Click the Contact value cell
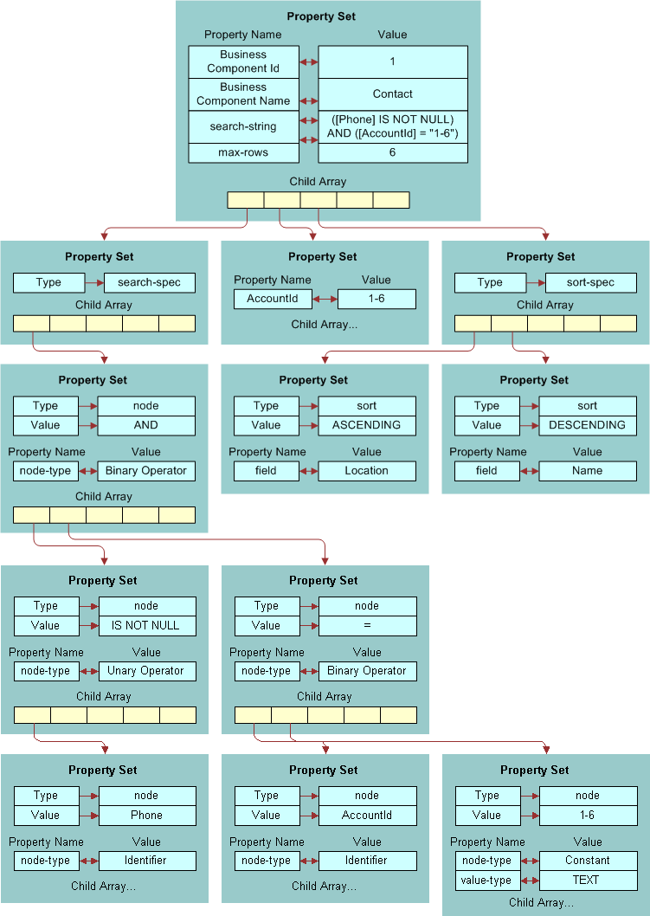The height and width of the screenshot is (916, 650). tap(393, 94)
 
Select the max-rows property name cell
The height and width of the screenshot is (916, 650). tap(243, 153)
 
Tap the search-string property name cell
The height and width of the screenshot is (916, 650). tap(243, 126)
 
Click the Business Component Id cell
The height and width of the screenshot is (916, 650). tap(243, 61)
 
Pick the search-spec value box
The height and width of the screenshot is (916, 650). tap(150, 283)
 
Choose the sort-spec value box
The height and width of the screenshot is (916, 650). tap(591, 283)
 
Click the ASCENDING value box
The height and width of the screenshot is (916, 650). tap(367, 425)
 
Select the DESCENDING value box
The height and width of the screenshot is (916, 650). tap(587, 425)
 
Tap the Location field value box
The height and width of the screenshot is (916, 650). tap(367, 471)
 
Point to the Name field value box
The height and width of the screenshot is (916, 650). tap(587, 471)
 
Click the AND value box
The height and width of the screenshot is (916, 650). tap(146, 425)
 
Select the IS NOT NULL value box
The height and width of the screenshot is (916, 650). tap(146, 625)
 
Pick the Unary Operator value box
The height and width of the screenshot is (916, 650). tap(146, 671)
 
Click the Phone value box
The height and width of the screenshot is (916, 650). tap(146, 815)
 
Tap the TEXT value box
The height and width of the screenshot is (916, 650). tap(587, 881)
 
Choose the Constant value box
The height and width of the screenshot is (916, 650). tap(587, 861)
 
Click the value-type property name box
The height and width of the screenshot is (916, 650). tap(486, 881)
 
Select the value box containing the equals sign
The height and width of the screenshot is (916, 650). tap(367, 625)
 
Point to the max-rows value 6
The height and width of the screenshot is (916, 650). tap(393, 153)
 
